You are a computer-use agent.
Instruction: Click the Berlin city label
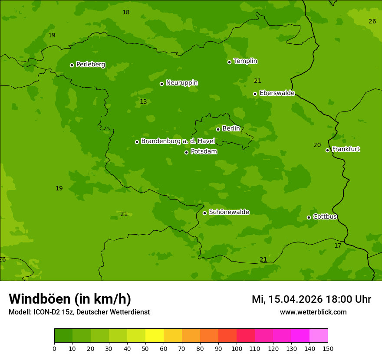coord(231,128)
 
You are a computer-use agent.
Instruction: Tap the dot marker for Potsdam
coord(187,152)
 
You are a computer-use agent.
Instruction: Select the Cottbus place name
coord(325,216)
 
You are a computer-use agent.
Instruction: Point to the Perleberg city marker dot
coord(72,65)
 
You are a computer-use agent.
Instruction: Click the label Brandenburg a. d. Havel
coord(178,141)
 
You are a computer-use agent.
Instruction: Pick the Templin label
coord(245,61)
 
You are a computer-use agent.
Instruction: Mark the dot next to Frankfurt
coord(328,150)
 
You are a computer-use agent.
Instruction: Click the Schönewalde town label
coord(229,212)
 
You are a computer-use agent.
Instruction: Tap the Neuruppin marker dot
coord(162,84)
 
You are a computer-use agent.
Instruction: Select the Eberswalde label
coord(277,93)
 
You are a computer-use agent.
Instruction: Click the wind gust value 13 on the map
coord(143,101)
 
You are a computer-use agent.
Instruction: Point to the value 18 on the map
coord(126,12)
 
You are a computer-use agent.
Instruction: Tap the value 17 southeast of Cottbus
coord(338,245)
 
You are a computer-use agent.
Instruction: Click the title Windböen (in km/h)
coord(70,299)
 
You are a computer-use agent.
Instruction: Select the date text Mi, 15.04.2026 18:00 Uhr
coord(311,299)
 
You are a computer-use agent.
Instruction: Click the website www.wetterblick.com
coord(313,312)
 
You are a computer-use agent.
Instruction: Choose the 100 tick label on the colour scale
coord(237,348)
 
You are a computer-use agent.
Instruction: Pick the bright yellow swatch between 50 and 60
coord(155,336)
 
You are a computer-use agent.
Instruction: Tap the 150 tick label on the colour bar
coord(328,348)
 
